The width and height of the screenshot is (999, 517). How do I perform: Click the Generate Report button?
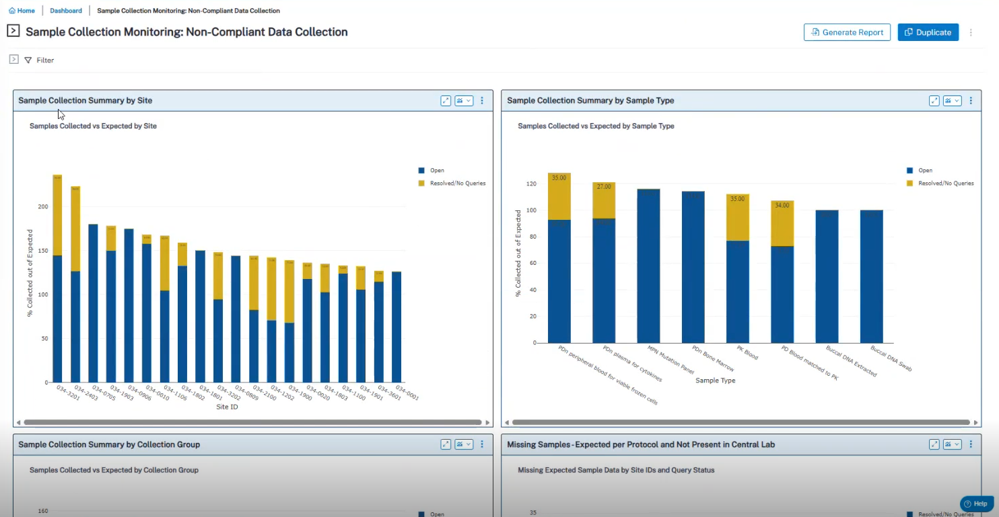(847, 32)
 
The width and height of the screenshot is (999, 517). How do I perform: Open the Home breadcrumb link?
(22, 11)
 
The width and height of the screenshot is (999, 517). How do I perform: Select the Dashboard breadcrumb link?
(66, 11)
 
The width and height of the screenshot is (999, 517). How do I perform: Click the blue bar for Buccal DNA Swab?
(871, 276)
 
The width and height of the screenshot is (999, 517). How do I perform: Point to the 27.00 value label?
(604, 186)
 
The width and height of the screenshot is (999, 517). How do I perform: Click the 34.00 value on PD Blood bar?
(782, 205)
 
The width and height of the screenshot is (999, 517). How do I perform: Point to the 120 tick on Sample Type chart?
(531, 184)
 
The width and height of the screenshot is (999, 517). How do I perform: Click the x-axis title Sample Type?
(715, 381)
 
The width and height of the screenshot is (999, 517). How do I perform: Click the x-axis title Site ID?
(227, 407)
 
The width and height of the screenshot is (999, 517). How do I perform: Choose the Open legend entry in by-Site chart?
(437, 171)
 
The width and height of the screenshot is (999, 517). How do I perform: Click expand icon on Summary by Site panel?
(446, 101)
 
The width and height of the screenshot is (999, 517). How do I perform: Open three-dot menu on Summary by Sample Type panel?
(971, 101)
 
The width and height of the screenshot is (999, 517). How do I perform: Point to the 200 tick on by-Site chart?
(43, 206)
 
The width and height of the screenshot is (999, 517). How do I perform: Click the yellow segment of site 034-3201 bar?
(57, 215)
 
